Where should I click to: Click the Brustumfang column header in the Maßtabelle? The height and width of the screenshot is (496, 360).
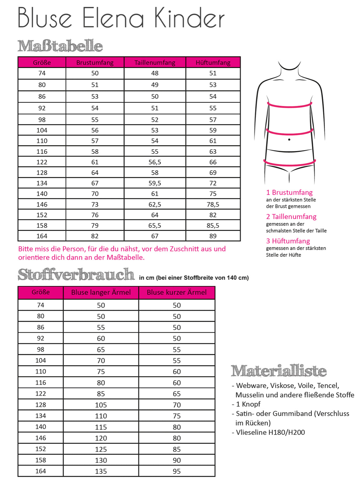(95, 62)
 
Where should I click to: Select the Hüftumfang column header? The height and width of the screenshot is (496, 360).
(213, 62)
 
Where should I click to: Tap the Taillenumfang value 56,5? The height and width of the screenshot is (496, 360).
(155, 162)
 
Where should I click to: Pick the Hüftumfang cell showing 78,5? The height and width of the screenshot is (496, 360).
(213, 204)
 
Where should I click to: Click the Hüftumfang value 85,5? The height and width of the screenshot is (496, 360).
(213, 225)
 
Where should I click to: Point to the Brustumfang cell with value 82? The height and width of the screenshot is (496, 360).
(95, 236)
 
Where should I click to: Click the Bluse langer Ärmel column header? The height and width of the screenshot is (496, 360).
(101, 292)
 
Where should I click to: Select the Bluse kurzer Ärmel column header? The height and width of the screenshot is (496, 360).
(177, 292)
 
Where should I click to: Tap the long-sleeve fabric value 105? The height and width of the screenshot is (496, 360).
(101, 405)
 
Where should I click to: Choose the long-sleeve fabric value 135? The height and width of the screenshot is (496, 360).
(101, 471)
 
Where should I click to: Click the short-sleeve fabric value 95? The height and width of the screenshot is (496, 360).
(177, 471)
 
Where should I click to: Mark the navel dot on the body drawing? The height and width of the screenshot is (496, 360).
(289, 140)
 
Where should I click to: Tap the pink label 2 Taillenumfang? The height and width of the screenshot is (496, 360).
(291, 216)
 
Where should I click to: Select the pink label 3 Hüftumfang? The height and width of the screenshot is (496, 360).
(288, 241)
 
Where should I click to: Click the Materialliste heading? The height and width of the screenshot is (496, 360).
(279, 371)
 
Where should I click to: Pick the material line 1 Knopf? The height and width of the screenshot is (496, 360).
(248, 404)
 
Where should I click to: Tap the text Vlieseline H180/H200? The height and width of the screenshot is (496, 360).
(270, 432)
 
